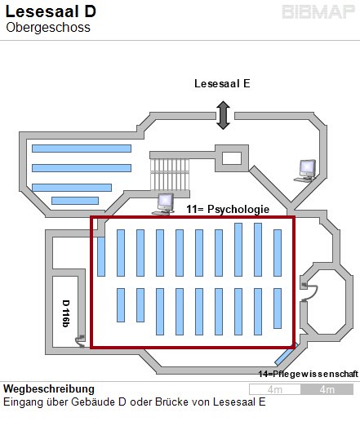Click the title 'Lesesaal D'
(51, 11)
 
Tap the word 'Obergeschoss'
(48, 28)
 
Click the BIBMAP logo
(318, 12)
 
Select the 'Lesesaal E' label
(222, 83)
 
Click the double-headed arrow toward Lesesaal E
(224, 115)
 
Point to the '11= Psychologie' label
(228, 209)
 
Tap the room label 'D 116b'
(66, 313)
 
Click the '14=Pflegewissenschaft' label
(309, 374)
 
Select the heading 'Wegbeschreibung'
(49, 388)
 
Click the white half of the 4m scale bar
(275, 389)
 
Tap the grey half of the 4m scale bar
(327, 389)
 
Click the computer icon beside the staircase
(164, 204)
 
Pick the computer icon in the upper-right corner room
(306, 171)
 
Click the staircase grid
(170, 175)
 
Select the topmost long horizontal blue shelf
(82, 149)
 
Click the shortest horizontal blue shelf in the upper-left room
(75, 201)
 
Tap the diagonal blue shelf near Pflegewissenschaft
(285, 354)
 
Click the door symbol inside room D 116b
(81, 341)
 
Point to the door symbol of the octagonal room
(309, 292)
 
